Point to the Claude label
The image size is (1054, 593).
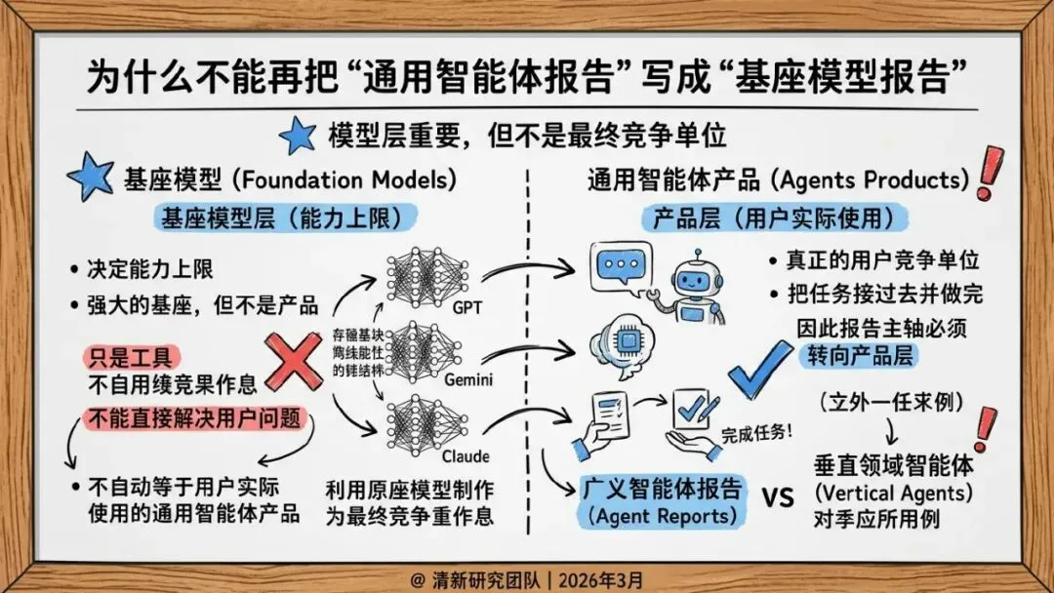click(x=465, y=455)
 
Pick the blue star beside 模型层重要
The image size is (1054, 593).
click(x=298, y=135)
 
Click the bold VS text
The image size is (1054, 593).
click(x=777, y=497)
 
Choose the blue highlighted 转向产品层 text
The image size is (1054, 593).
click(x=859, y=356)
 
